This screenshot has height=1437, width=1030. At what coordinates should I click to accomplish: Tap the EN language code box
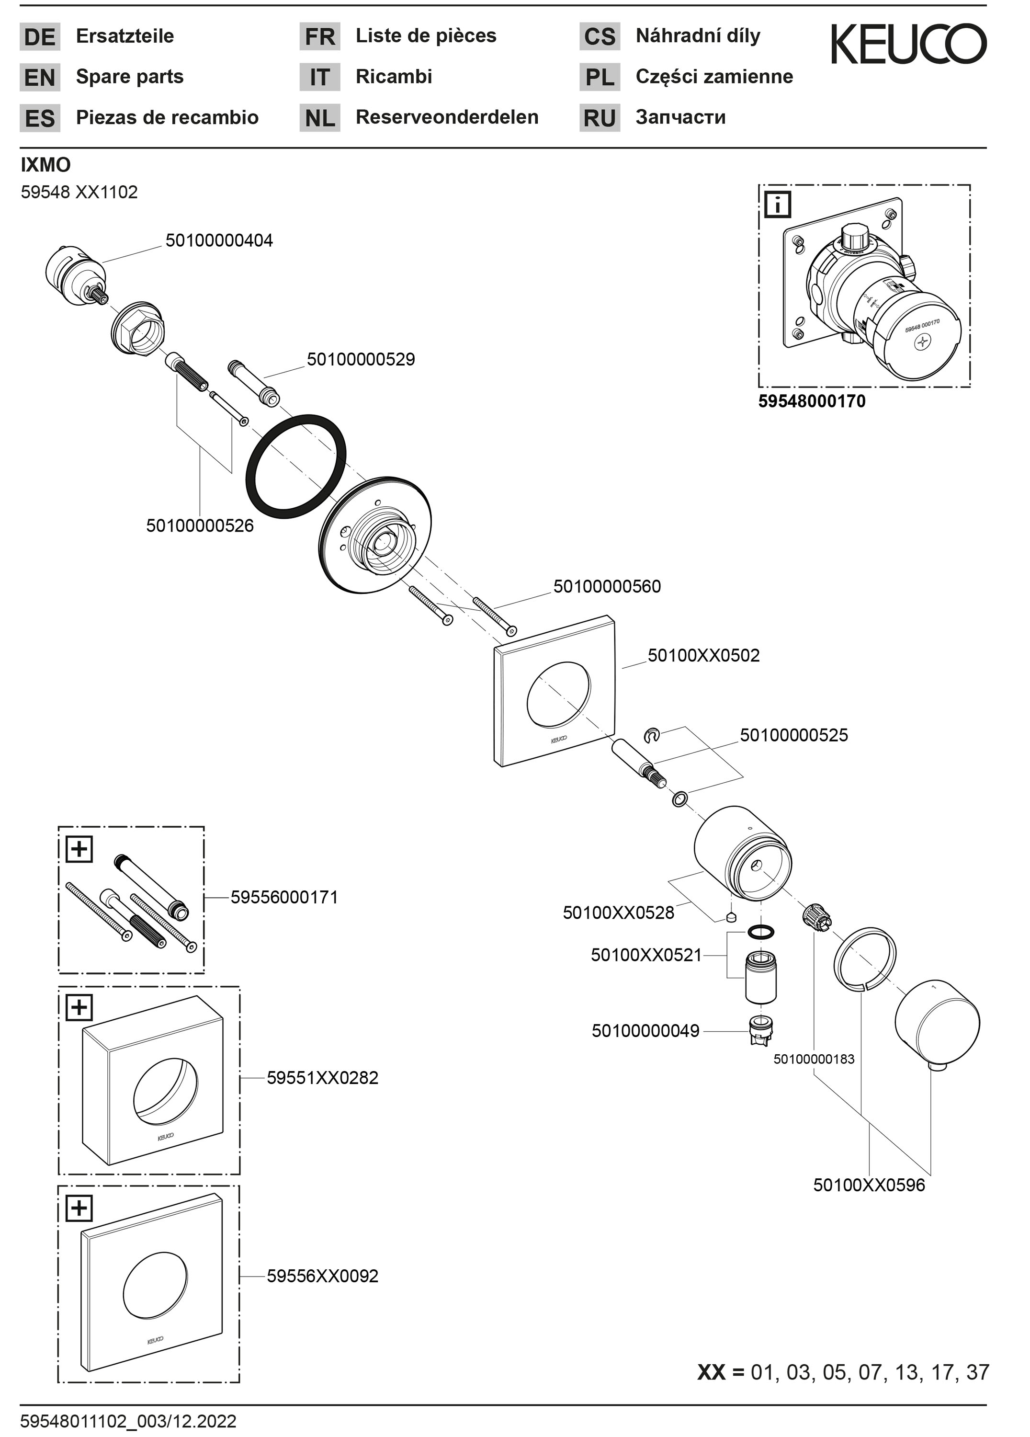pos(40,77)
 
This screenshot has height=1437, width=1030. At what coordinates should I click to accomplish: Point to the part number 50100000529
pos(361,359)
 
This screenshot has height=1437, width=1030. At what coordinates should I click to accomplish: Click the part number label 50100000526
pos(200,525)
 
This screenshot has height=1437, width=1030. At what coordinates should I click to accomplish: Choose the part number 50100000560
pos(606,586)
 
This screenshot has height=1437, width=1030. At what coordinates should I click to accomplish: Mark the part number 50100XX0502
pos(703,655)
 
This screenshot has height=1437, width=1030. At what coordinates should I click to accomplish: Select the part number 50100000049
pos(645,1031)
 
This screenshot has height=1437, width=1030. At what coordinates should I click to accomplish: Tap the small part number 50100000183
pos(814,1059)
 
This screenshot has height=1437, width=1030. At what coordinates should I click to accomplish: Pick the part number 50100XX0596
pos(869,1185)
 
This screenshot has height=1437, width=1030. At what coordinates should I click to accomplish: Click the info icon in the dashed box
pos(778,205)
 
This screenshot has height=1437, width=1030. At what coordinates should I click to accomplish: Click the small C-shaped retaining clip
pos(651,735)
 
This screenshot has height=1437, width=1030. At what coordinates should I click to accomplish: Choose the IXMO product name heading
pos(45,165)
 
